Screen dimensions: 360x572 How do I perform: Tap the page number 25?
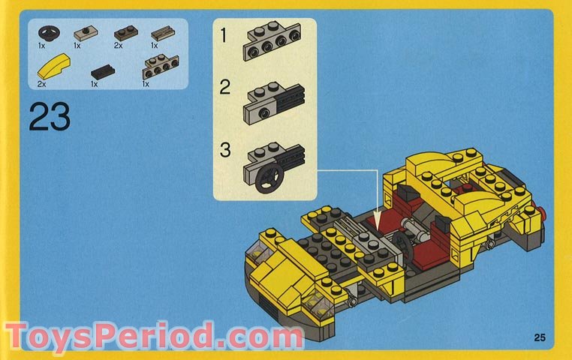(539, 337)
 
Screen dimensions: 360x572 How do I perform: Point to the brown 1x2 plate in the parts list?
(123, 33)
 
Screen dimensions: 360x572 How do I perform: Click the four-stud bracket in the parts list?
(158, 71)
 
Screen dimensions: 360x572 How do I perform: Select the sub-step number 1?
(224, 34)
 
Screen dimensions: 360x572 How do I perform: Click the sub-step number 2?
(224, 88)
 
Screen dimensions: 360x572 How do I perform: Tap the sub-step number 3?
(224, 149)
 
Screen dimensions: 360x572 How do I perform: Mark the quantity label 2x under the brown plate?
(118, 46)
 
